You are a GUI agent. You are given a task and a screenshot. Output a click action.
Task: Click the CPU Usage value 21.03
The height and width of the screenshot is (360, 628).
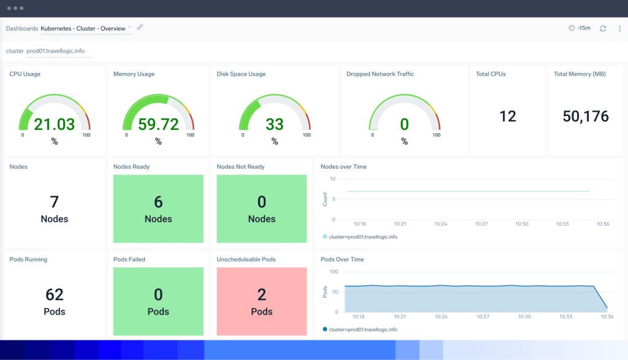[x=54, y=124]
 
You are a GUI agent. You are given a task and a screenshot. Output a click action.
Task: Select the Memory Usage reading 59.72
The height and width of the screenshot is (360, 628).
[x=158, y=124]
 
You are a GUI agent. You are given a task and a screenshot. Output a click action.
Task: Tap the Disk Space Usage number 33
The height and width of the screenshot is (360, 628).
[x=274, y=124]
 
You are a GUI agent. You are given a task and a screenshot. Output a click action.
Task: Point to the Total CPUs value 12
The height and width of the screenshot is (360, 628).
[x=508, y=116]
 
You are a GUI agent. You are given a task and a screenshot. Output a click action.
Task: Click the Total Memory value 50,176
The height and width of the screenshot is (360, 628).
[x=585, y=116]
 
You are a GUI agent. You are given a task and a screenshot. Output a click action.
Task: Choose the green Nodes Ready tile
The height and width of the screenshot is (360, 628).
[x=158, y=209]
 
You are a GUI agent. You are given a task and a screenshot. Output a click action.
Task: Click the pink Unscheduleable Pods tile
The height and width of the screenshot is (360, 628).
[x=262, y=301]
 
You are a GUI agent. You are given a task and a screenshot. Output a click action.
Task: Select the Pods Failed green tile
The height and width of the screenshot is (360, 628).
[x=158, y=301]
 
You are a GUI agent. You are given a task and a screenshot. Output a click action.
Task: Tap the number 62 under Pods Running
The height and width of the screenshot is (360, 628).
[x=55, y=295]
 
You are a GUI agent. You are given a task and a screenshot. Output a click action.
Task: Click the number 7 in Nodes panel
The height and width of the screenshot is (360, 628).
[x=55, y=202]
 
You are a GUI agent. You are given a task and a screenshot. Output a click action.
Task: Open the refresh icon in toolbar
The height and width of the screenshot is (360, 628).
[x=603, y=28]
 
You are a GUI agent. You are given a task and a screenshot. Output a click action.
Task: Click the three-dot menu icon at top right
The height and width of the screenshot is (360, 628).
[x=619, y=28]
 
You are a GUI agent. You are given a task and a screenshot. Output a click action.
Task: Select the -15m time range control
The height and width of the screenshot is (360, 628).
[x=580, y=28]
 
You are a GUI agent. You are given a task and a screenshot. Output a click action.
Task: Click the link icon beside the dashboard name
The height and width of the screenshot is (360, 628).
[x=140, y=28]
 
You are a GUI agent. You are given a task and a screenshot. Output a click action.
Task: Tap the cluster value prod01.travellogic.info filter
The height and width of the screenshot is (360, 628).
[x=59, y=51]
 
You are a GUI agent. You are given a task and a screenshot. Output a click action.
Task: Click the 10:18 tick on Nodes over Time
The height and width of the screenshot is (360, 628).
[x=360, y=224]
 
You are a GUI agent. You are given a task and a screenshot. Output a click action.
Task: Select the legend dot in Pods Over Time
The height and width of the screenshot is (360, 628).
[x=324, y=329]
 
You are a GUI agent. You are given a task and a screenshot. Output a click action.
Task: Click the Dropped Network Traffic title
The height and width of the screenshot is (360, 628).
[x=380, y=74]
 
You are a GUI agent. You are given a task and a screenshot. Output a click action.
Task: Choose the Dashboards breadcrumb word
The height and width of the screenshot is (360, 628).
[x=21, y=28]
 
